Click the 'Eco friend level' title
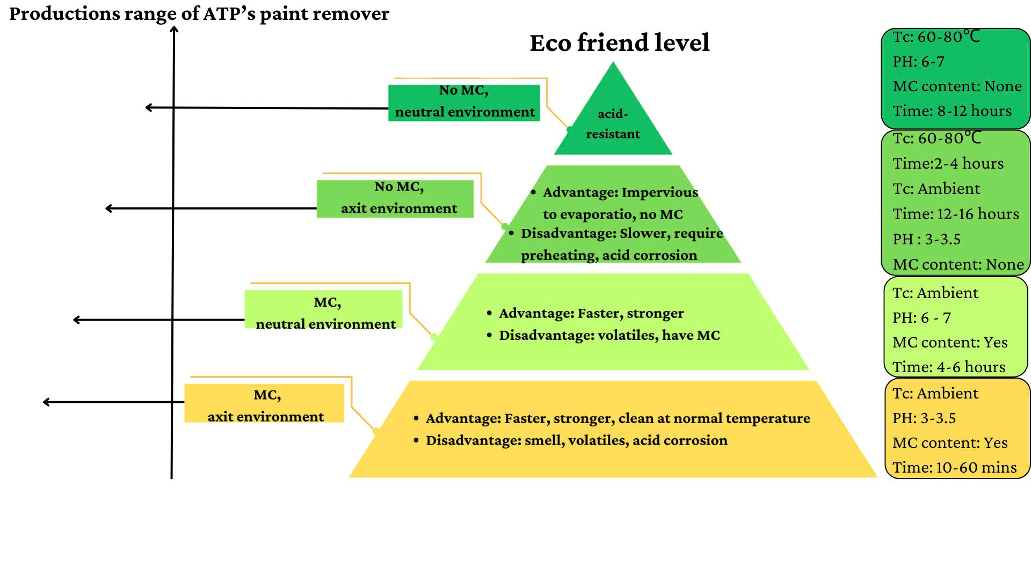pyautogui.click(x=619, y=43)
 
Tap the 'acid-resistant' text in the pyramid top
pyautogui.click(x=613, y=124)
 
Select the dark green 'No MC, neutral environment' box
pyautogui.click(x=464, y=102)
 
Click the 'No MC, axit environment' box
pyautogui.click(x=395, y=198)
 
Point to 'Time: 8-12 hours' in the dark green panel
pyautogui.click(x=952, y=111)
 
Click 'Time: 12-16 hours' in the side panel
pyautogui.click(x=955, y=214)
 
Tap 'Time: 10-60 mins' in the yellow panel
pyautogui.click(x=954, y=468)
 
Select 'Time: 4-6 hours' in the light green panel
pyautogui.click(x=948, y=367)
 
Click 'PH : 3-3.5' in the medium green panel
pyautogui.click(x=926, y=240)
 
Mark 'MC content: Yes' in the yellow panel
pyautogui.click(x=949, y=443)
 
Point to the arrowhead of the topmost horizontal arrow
pyautogui.click(x=149, y=107)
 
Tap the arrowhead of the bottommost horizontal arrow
pyautogui.click(x=46, y=402)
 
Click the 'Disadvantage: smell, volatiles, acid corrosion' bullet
pyautogui.click(x=576, y=440)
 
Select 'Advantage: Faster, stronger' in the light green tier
pyautogui.click(x=591, y=313)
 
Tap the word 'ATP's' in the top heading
pyautogui.click(x=229, y=14)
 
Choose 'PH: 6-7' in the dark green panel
pyautogui.click(x=918, y=62)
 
